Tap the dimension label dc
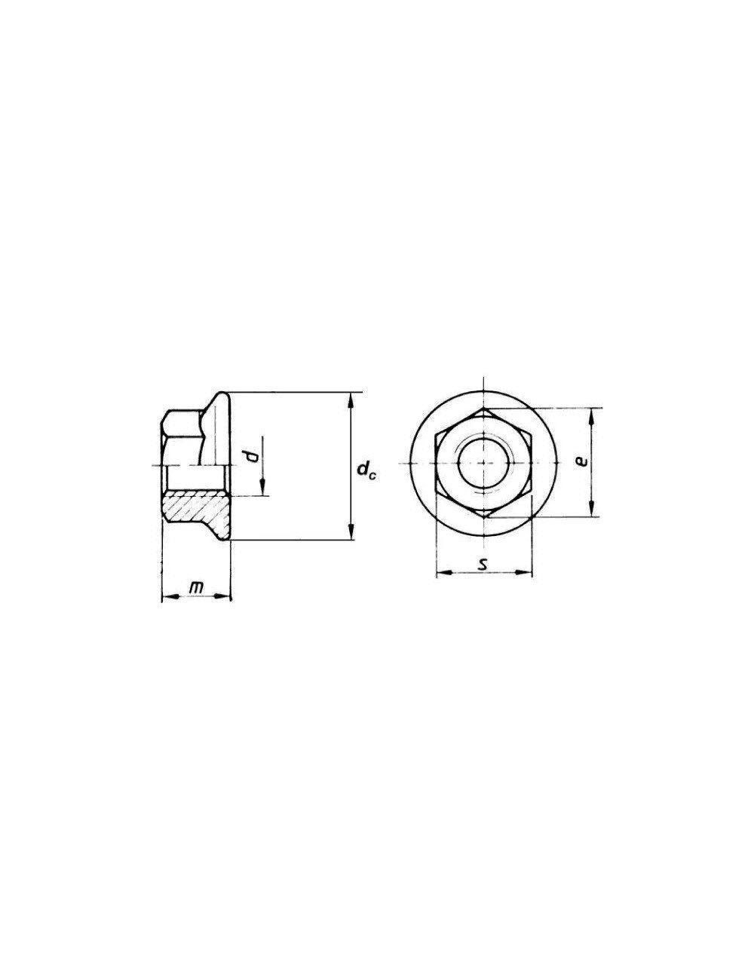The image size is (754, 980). click(x=366, y=472)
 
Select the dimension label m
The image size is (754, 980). click(x=196, y=587)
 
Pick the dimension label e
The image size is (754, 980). click(x=581, y=461)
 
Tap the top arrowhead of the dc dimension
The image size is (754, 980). click(x=351, y=397)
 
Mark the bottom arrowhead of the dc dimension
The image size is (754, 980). click(x=351, y=535)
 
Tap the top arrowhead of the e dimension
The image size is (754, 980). click(x=592, y=412)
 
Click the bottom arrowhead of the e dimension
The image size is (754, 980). click(x=592, y=513)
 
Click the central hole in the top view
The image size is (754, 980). click(x=484, y=461)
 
